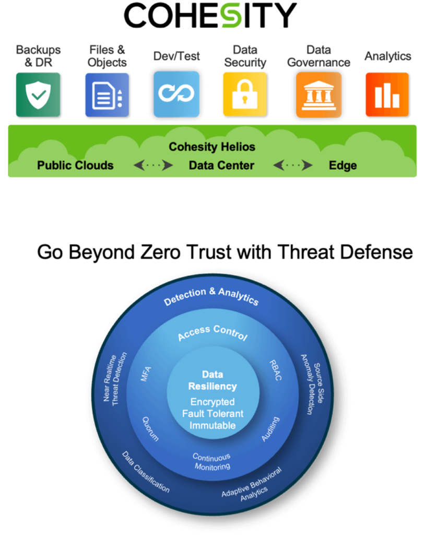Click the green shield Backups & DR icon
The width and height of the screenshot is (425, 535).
pyautogui.click(x=38, y=95)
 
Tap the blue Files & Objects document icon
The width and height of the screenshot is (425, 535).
pyautogui.click(x=107, y=95)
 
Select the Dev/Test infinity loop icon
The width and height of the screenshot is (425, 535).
pyautogui.click(x=176, y=95)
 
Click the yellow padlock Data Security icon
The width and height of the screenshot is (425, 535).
pyautogui.click(x=244, y=95)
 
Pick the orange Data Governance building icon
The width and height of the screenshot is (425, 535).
pyautogui.click(x=318, y=95)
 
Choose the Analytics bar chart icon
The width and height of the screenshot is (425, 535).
pyautogui.click(x=387, y=95)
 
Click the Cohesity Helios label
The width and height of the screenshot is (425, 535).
pyautogui.click(x=212, y=147)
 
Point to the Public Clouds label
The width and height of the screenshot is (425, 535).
pyautogui.click(x=75, y=166)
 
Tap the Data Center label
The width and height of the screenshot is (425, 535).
pyautogui.click(x=221, y=166)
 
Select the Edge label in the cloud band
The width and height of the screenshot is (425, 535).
pyautogui.click(x=343, y=166)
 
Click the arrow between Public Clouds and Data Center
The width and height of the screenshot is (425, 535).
pyautogui.click(x=153, y=166)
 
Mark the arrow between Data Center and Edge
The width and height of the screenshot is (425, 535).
pyautogui.click(x=293, y=166)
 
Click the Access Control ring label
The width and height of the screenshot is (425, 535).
pyautogui.click(x=212, y=332)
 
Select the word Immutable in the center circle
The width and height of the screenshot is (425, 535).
pyautogui.click(x=212, y=425)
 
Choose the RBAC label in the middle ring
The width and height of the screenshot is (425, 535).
pyautogui.click(x=275, y=370)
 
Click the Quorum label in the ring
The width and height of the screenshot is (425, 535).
pyautogui.click(x=150, y=428)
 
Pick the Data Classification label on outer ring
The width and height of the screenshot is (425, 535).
pyautogui.click(x=146, y=472)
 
